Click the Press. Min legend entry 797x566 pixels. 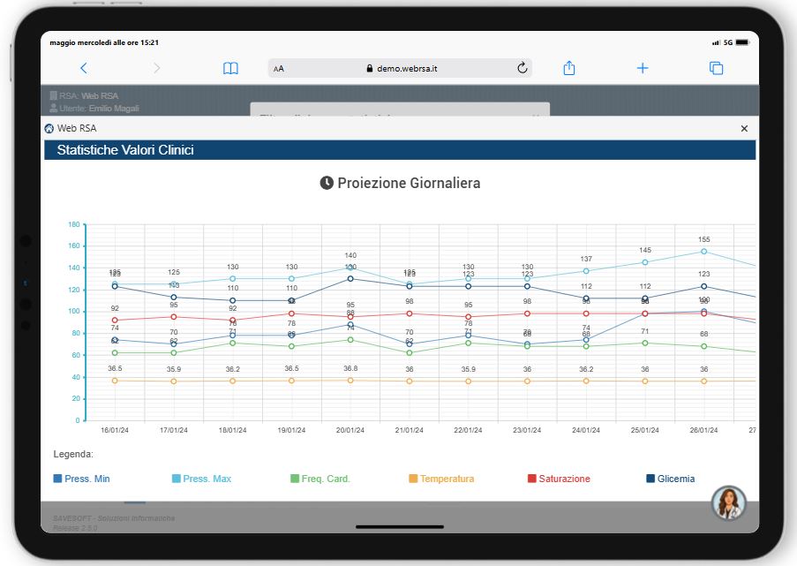(x=82, y=479)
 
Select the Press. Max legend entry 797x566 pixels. (x=201, y=479)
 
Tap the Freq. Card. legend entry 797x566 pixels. (x=320, y=479)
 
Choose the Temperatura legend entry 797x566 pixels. (x=440, y=479)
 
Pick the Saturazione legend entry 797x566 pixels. (x=558, y=479)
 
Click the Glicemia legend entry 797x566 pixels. (x=670, y=479)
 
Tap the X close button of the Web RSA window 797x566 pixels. (x=744, y=128)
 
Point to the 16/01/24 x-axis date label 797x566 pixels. (x=115, y=430)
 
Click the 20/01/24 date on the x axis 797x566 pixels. (x=350, y=430)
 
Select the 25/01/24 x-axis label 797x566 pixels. (x=644, y=430)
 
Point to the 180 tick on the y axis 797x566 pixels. (x=74, y=224)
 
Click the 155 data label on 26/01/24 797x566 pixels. (x=703, y=239)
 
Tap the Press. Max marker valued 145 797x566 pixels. (x=645, y=262)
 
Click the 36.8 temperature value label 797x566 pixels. (x=350, y=368)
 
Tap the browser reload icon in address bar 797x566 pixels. (x=522, y=68)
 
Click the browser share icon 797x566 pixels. (x=569, y=68)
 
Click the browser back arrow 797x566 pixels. (x=84, y=68)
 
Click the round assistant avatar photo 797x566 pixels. (x=729, y=502)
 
